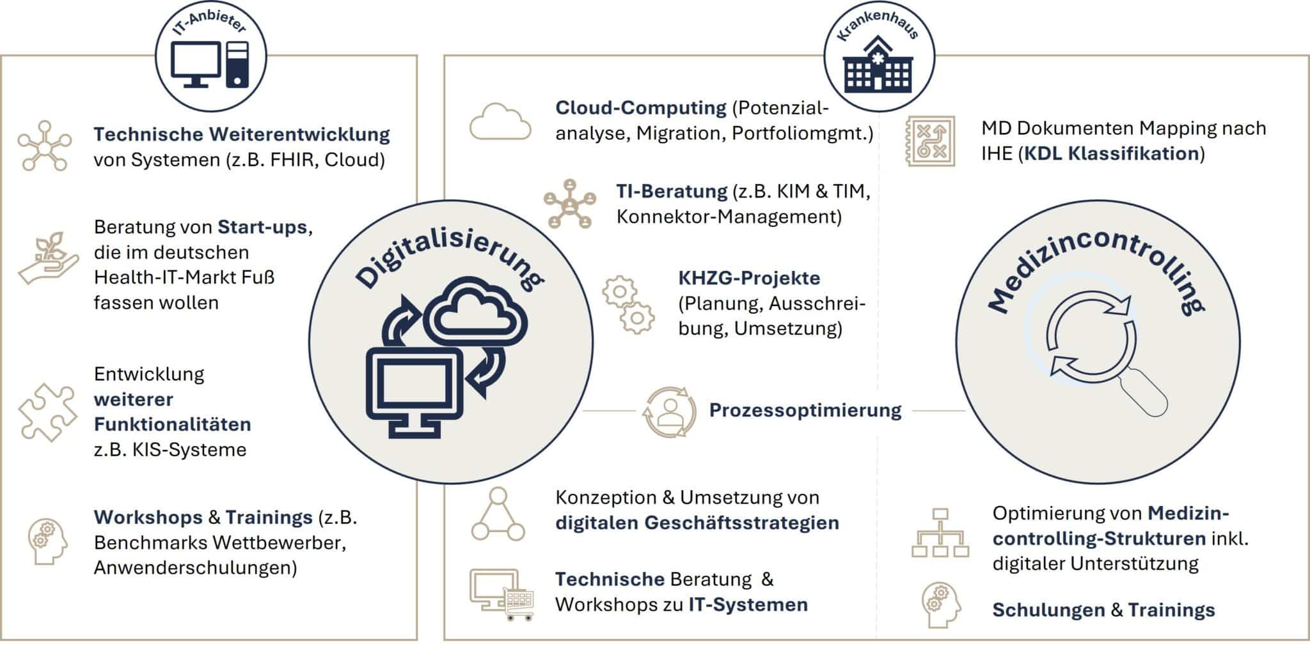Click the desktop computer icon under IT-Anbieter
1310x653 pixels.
point(210,64)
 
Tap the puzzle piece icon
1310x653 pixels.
point(47,412)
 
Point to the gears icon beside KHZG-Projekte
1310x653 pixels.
point(628,304)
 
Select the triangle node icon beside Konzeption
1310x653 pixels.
point(498,514)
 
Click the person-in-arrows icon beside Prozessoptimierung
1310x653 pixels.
point(669,411)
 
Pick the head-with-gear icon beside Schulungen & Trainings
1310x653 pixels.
point(941,604)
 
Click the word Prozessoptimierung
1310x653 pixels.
point(805,410)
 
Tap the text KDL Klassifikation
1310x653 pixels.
point(1112,153)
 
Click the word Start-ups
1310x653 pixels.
point(262,227)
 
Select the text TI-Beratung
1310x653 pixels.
point(672,191)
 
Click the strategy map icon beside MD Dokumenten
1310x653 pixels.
point(931,141)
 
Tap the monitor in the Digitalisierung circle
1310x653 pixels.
point(414,391)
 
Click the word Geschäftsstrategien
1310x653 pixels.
point(741,523)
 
